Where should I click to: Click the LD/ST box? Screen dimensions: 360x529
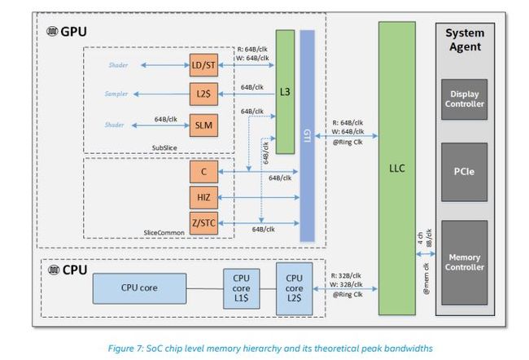click(204, 65)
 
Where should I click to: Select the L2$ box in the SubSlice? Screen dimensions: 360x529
click(204, 94)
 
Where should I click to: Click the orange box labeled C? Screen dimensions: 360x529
click(204, 172)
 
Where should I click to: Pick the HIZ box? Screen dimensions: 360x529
click(204, 197)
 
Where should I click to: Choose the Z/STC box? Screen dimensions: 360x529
click(204, 222)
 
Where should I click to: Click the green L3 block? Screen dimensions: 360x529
click(285, 91)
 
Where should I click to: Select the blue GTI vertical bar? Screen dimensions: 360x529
click(307, 135)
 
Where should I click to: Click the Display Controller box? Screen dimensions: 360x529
click(465, 99)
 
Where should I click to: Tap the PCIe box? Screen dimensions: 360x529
click(465, 173)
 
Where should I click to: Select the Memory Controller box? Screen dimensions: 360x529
click(465, 261)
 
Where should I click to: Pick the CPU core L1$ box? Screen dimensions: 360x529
click(241, 287)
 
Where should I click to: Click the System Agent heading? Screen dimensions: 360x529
click(465, 40)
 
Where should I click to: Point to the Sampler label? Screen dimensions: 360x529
click(117, 94)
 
